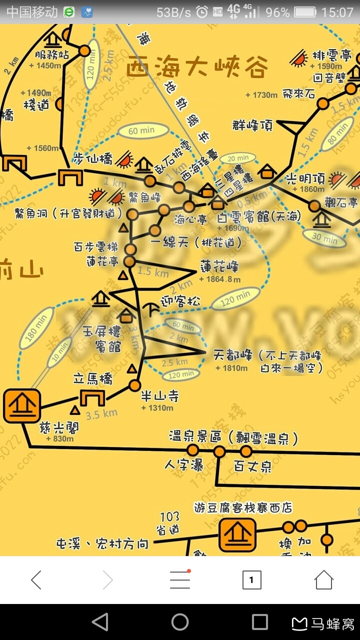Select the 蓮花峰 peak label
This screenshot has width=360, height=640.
pyautogui.click(x=219, y=266)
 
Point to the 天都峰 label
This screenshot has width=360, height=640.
pyautogui.click(x=230, y=355)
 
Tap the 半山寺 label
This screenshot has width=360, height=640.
pyautogui.click(x=159, y=396)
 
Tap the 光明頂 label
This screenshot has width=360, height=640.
pyautogui.click(x=305, y=179)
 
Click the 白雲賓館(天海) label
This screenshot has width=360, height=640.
pyautogui.click(x=259, y=217)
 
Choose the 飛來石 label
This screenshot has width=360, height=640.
pyautogui.click(x=298, y=93)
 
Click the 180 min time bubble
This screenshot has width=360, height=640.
pyautogui.click(x=36, y=328)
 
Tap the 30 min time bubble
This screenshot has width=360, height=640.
pyautogui.click(x=324, y=237)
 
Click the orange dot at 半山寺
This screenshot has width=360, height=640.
pyautogui.click(x=134, y=385)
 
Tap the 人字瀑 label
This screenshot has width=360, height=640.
pyautogui.click(x=184, y=465)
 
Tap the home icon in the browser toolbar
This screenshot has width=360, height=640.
pyautogui.click(x=323, y=580)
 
